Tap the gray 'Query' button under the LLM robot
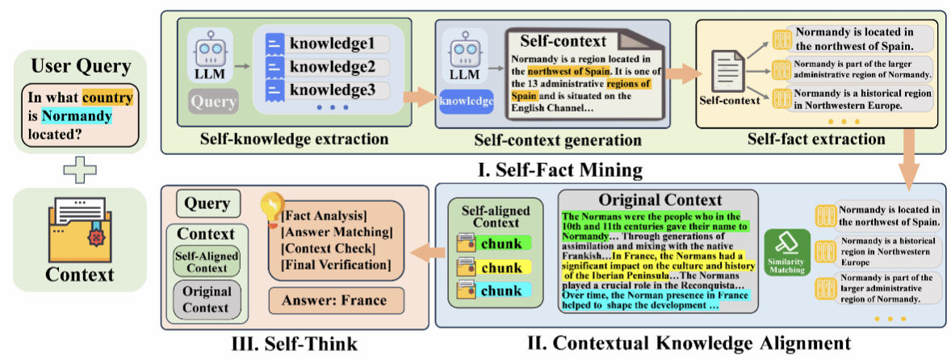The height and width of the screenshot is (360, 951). pos(213,103)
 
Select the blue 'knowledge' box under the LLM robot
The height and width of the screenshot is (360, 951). pos(464,103)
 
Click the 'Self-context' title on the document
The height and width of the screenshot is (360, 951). pos(551,40)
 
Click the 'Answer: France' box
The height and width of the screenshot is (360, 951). pos(333,301)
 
